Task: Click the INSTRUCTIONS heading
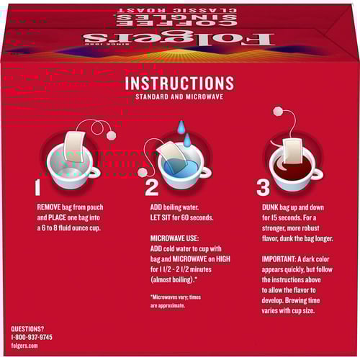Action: coord(179,83)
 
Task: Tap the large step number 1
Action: coord(37,187)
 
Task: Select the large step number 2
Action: coord(152,187)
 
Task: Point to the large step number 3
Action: coord(263,187)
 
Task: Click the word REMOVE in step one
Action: coord(49,207)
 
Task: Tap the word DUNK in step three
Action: coord(270,207)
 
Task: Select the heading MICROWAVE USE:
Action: coord(174,238)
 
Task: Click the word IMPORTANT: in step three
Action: coord(279,259)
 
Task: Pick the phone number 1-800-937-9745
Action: coord(32,337)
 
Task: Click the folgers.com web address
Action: coord(24,346)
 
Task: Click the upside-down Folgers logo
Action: coord(179,39)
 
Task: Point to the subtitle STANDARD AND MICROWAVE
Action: coord(179,96)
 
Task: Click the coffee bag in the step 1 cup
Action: coord(75,146)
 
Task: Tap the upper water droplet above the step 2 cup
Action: coord(181,127)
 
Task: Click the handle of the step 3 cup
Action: coord(318,174)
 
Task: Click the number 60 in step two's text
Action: coord(185,217)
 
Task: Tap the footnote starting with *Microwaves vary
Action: coord(176,302)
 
